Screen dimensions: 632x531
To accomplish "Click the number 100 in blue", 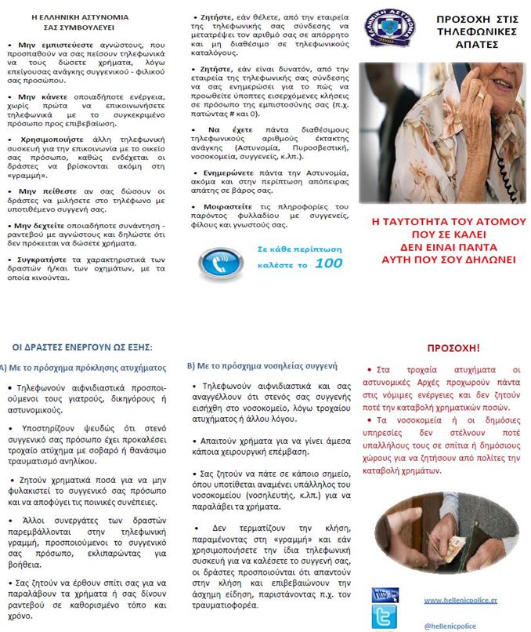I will [328, 263].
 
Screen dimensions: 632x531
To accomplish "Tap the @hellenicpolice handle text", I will [450, 626].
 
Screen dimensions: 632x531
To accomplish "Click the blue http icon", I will [385, 594].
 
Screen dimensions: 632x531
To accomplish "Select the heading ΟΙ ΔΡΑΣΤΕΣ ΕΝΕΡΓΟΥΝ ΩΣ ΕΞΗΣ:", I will [83, 347].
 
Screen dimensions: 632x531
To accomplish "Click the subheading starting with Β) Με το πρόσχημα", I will [262, 365].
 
